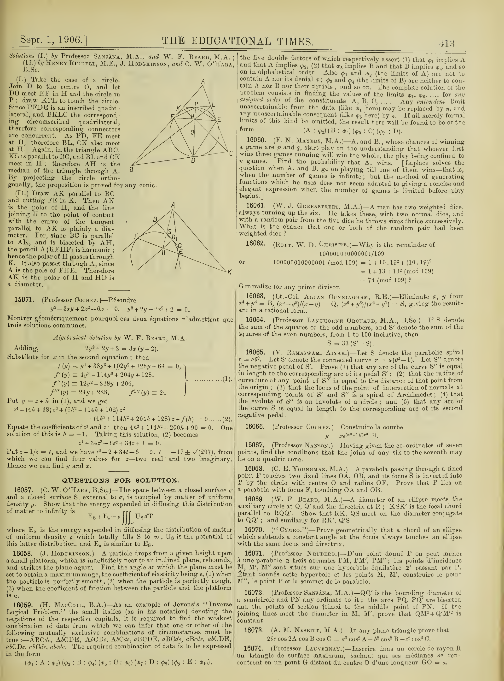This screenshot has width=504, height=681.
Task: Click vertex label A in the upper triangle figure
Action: point(203,82)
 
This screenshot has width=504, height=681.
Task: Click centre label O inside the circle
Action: point(192,132)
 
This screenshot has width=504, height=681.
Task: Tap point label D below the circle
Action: point(193,160)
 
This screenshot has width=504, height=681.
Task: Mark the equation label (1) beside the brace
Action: point(226,379)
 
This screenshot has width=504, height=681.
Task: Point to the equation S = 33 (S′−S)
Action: point(351,343)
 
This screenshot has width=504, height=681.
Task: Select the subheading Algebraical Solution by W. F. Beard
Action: point(120,338)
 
